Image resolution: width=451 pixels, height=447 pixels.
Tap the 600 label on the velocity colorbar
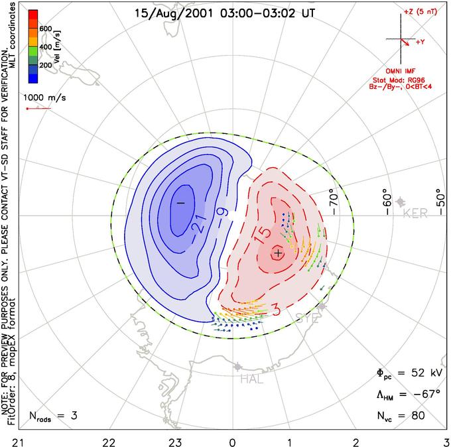pyautogui.click(x=46, y=29)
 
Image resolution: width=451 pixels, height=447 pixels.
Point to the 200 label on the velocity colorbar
pyautogui.click(x=46, y=66)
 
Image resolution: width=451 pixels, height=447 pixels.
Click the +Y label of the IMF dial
pyautogui.click(x=420, y=41)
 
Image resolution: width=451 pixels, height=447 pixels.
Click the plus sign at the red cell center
pyautogui.click(x=278, y=253)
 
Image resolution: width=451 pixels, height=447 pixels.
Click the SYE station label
pyautogui.click(x=308, y=318)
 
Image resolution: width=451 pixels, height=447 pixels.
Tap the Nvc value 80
pyautogui.click(x=418, y=416)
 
